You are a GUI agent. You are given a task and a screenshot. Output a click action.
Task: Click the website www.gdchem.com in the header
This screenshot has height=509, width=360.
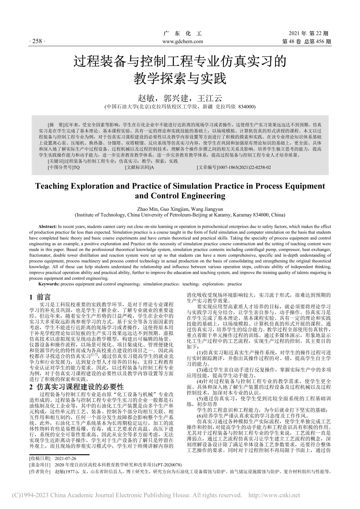183,41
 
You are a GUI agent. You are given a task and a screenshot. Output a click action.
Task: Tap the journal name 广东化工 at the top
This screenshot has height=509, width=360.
182,34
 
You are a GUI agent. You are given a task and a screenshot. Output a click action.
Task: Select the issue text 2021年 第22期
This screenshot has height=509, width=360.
309,34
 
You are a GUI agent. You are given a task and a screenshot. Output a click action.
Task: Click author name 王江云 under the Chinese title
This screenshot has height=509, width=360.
210,98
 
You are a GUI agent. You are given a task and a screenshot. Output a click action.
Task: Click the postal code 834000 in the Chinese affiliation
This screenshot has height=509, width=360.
247,106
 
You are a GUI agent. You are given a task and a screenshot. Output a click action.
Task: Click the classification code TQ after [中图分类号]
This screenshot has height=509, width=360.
77,167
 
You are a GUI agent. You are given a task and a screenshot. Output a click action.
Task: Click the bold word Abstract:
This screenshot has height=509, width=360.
48,227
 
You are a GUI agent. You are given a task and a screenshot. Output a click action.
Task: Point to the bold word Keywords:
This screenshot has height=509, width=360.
49,284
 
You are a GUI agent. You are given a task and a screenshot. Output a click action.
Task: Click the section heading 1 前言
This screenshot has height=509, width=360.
40,297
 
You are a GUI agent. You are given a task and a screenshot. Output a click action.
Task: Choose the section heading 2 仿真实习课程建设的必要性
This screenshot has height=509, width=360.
77,387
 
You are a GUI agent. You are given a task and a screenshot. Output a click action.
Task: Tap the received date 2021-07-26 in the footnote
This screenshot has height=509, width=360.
66,458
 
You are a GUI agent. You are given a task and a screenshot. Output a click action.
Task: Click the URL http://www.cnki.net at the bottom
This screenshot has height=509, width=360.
274,495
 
